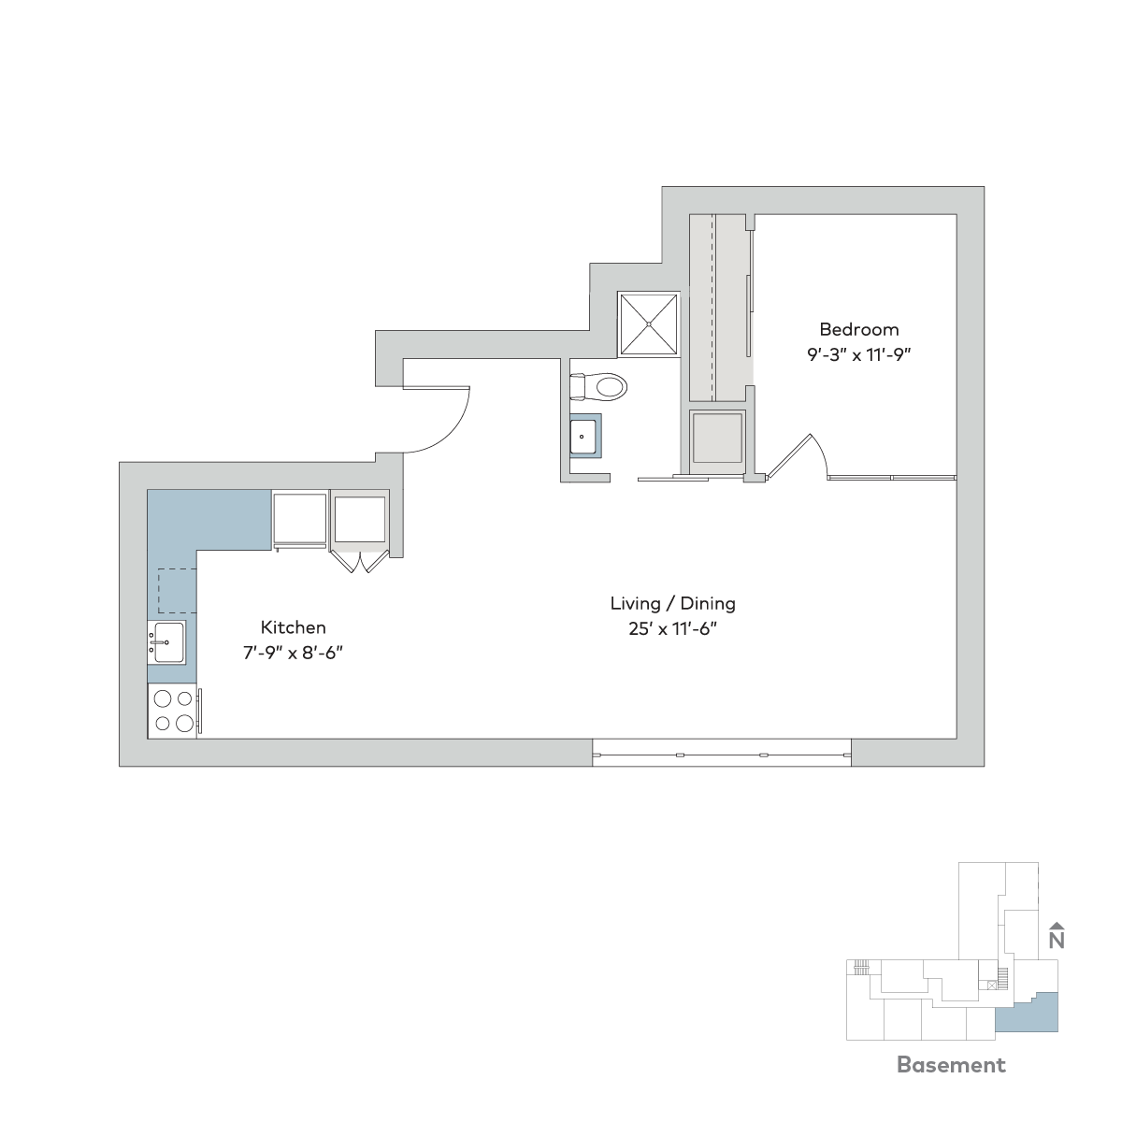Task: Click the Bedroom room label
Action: point(859,329)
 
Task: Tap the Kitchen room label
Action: point(293,627)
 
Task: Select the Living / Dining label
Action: point(672,604)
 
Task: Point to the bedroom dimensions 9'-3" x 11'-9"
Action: point(859,354)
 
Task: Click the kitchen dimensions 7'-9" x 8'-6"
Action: point(293,653)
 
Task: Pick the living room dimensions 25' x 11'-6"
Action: point(672,629)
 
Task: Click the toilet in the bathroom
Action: point(598,386)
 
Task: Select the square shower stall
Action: point(649,324)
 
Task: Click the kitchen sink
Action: point(166,642)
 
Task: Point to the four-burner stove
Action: point(174,711)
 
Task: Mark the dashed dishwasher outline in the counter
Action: point(177,590)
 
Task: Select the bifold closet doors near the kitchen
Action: point(360,560)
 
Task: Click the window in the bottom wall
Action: point(722,755)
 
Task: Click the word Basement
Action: point(951,1064)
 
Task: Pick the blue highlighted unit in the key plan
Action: point(1027,1014)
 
